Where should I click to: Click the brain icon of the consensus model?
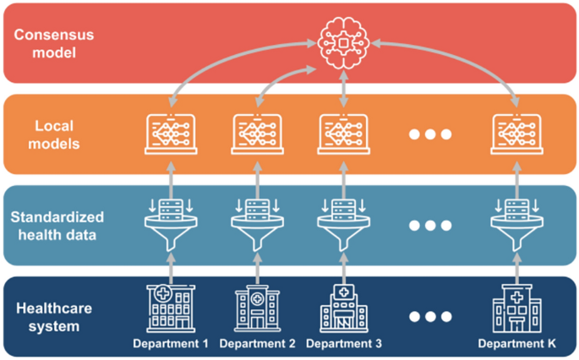[x=342, y=43]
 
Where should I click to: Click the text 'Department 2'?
[x=256, y=344]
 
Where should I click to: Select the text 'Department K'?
[x=516, y=344]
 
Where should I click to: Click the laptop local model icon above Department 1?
[x=171, y=134]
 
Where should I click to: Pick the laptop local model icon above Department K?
[x=516, y=134]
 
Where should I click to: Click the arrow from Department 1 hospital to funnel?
[x=171, y=267]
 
